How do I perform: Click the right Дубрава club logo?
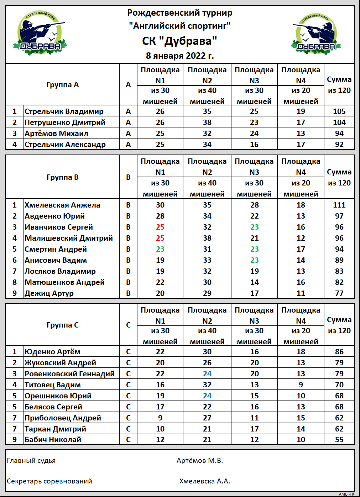(x=316, y=34)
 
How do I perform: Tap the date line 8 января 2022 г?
(x=180, y=56)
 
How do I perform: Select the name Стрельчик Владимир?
(x=64, y=111)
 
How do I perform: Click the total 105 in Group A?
(x=339, y=111)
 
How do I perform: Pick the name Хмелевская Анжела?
(x=62, y=205)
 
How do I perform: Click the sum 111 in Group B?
(x=339, y=205)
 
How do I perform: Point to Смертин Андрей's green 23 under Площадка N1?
(x=160, y=249)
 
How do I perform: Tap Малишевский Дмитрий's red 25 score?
(x=160, y=238)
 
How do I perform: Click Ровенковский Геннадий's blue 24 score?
(x=207, y=374)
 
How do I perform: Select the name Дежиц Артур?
(x=49, y=293)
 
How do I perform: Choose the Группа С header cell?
(x=63, y=325)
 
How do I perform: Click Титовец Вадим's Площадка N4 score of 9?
(x=301, y=385)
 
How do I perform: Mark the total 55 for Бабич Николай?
(x=339, y=440)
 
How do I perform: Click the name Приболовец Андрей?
(x=63, y=418)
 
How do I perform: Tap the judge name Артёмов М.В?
(x=199, y=461)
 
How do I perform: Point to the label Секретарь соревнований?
(x=49, y=481)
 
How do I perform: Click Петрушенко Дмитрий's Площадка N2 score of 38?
(x=207, y=122)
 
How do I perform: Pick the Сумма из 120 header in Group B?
(x=339, y=177)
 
